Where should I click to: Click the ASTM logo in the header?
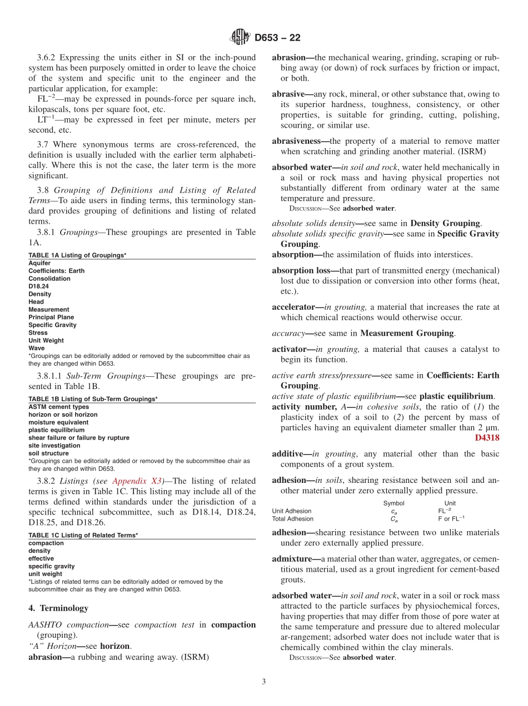240,38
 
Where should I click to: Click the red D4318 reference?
487,438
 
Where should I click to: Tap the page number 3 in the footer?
264,682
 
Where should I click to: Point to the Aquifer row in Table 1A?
39,263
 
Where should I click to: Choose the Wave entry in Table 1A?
37,348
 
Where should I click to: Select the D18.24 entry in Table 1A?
38,286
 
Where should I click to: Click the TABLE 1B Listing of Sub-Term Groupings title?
93,399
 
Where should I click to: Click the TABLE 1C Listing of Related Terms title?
83,535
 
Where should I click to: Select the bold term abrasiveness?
300,141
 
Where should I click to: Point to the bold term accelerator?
293,306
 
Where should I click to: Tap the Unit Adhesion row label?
291,511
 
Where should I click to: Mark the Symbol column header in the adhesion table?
393,503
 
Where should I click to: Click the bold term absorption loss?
305,270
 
